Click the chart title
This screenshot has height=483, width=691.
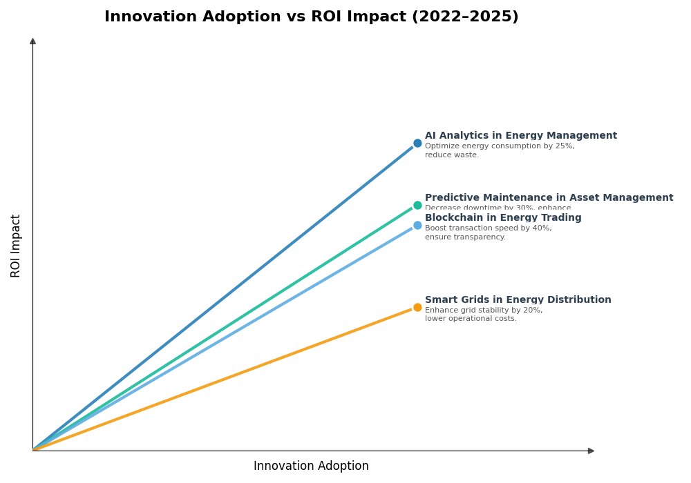point(311,17)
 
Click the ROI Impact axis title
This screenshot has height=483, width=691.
point(16,246)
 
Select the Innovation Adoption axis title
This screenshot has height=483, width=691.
point(311,466)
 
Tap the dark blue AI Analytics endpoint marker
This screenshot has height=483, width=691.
point(417,144)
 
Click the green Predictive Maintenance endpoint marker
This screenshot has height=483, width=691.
point(417,205)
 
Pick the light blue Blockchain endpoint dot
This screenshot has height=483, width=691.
point(417,225)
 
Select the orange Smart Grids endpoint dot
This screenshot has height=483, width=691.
point(417,307)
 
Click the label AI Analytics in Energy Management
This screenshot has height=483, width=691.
point(520,136)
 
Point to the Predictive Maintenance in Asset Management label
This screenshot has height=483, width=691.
point(549,198)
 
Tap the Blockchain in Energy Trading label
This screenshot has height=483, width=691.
point(503,218)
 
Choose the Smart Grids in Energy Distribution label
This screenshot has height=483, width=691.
point(518,300)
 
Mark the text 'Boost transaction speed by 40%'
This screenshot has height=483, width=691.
point(488,228)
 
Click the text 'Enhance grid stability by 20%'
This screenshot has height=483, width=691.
point(484,310)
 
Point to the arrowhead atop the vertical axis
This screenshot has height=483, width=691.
point(32,41)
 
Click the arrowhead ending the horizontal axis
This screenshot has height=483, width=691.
point(591,451)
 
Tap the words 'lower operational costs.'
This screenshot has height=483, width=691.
point(471,319)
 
